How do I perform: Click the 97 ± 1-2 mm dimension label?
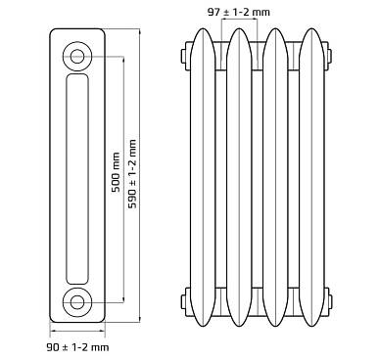pos(239,13)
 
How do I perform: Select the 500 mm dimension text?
pos(116,172)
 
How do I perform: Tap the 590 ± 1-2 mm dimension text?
pos(132,174)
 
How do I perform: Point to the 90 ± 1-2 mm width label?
pos(77,347)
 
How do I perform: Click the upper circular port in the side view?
pos(77,57)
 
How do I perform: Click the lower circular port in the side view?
pos(77,302)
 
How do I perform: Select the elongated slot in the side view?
pos(77,179)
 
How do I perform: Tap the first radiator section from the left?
pos(203,177)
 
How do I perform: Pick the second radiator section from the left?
pos(239,177)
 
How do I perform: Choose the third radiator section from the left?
pos(275,177)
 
